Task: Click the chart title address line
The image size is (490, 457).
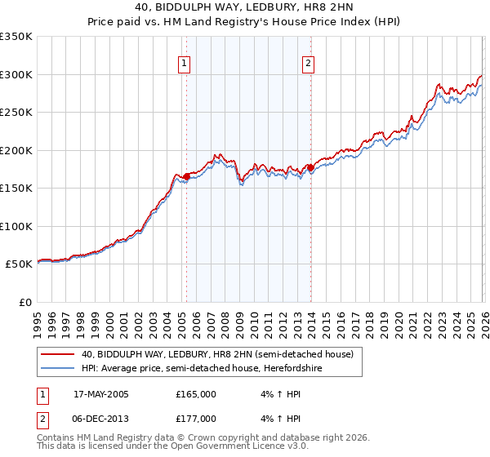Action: pyautogui.click(x=245, y=7)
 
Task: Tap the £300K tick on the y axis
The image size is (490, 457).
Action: pyautogui.click(x=16, y=74)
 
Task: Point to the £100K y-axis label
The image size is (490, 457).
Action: pyautogui.click(x=16, y=226)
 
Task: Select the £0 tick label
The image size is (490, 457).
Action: pyautogui.click(x=24, y=302)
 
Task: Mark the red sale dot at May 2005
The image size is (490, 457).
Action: pyautogui.click(x=186, y=176)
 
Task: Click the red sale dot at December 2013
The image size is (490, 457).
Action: pyautogui.click(x=310, y=167)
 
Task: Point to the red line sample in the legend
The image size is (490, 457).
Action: pyautogui.click(x=58, y=354)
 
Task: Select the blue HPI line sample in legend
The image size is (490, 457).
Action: pyautogui.click(x=58, y=368)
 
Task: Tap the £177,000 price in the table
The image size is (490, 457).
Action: pyautogui.click(x=195, y=419)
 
